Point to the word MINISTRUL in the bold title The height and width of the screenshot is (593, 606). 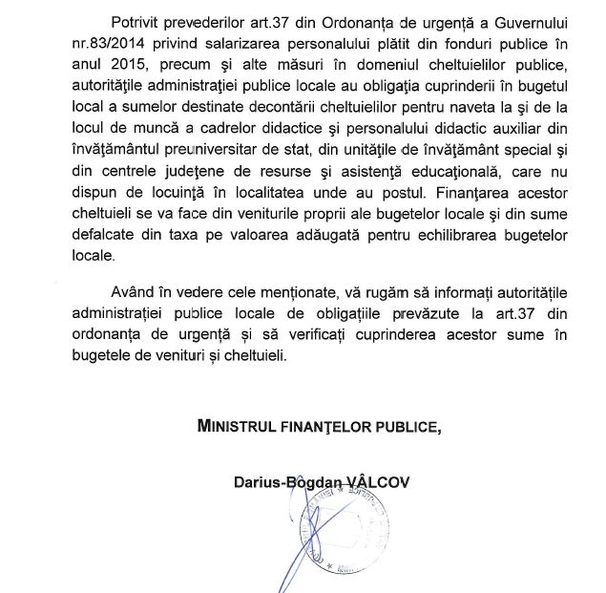click(x=242, y=426)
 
